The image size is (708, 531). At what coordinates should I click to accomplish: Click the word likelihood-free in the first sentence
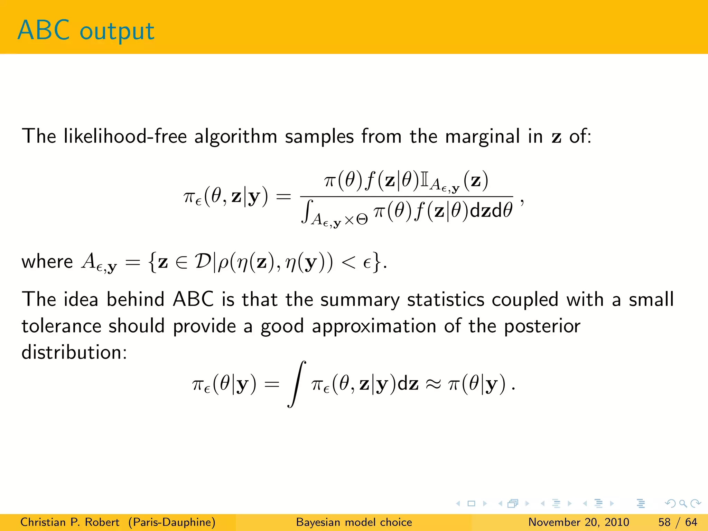[124, 136]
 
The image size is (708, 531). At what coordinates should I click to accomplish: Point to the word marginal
[482, 137]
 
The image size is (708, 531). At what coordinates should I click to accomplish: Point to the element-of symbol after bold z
[181, 263]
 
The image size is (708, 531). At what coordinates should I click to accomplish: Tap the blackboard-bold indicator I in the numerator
[424, 180]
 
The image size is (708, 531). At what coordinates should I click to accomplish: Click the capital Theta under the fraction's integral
[362, 220]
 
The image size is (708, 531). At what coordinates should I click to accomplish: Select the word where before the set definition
[47, 261]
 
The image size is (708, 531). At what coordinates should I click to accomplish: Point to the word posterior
[542, 326]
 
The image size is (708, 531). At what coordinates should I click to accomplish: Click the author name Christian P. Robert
[69, 522]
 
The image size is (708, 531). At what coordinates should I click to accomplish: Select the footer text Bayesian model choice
[354, 522]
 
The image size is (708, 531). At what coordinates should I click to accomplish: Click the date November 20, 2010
[578, 522]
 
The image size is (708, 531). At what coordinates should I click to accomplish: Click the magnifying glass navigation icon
[683, 503]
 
